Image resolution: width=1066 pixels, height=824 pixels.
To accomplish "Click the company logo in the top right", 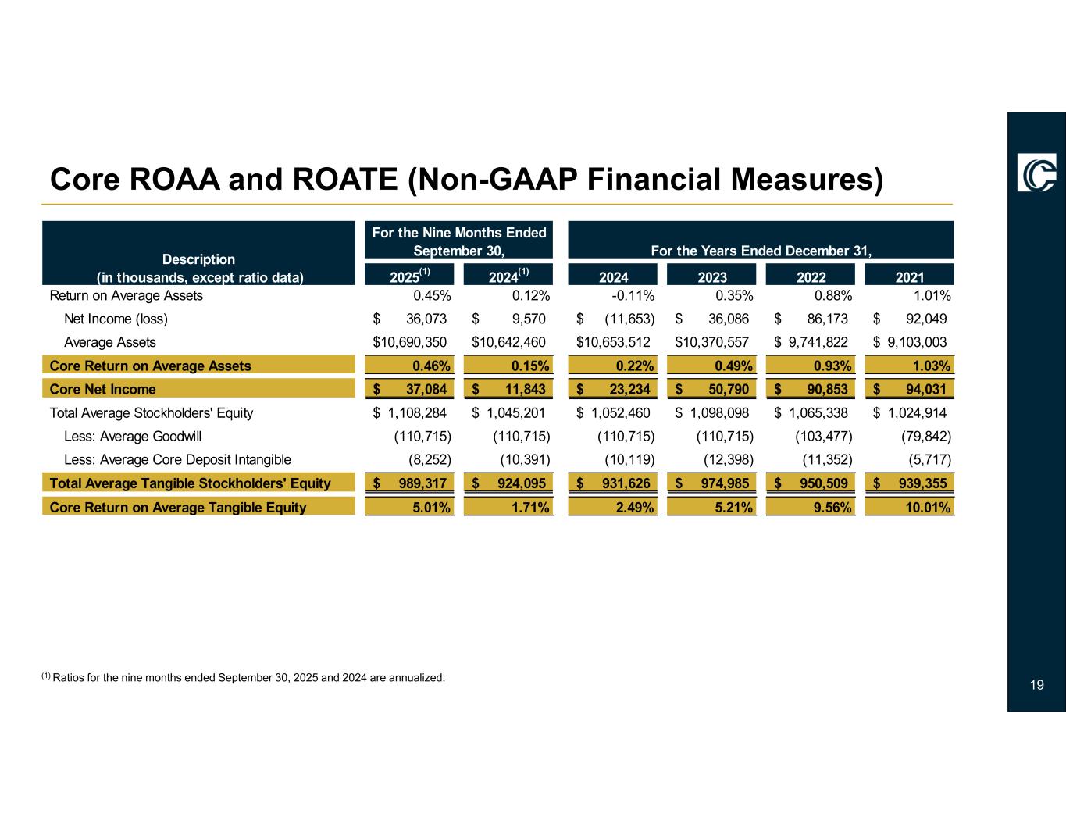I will (1036, 172).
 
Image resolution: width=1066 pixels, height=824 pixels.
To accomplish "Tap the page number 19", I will (1036, 685).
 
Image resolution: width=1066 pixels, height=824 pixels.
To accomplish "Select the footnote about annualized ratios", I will (244, 677).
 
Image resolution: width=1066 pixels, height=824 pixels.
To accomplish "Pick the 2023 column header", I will (712, 276).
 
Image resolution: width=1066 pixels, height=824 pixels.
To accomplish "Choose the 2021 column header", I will (910, 276).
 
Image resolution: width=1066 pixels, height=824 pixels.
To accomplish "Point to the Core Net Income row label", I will (102, 389).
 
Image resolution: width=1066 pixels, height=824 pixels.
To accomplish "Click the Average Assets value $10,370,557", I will (712, 342).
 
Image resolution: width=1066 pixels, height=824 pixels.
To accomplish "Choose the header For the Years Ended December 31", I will (761, 251).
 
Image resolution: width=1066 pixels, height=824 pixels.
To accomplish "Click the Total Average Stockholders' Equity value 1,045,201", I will (516, 412).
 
